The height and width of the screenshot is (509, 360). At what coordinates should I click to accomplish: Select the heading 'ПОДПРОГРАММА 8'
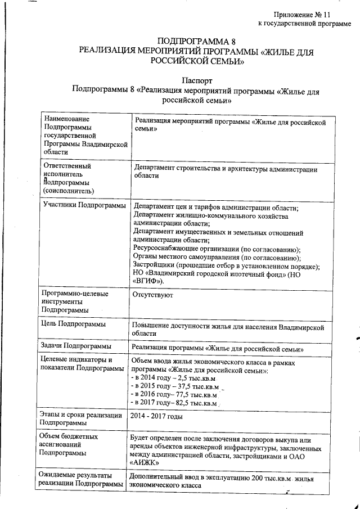click(x=193, y=42)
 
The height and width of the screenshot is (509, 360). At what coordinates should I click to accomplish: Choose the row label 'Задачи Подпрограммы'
click(x=76, y=346)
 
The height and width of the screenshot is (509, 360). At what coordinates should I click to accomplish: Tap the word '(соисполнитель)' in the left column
click(x=69, y=191)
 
